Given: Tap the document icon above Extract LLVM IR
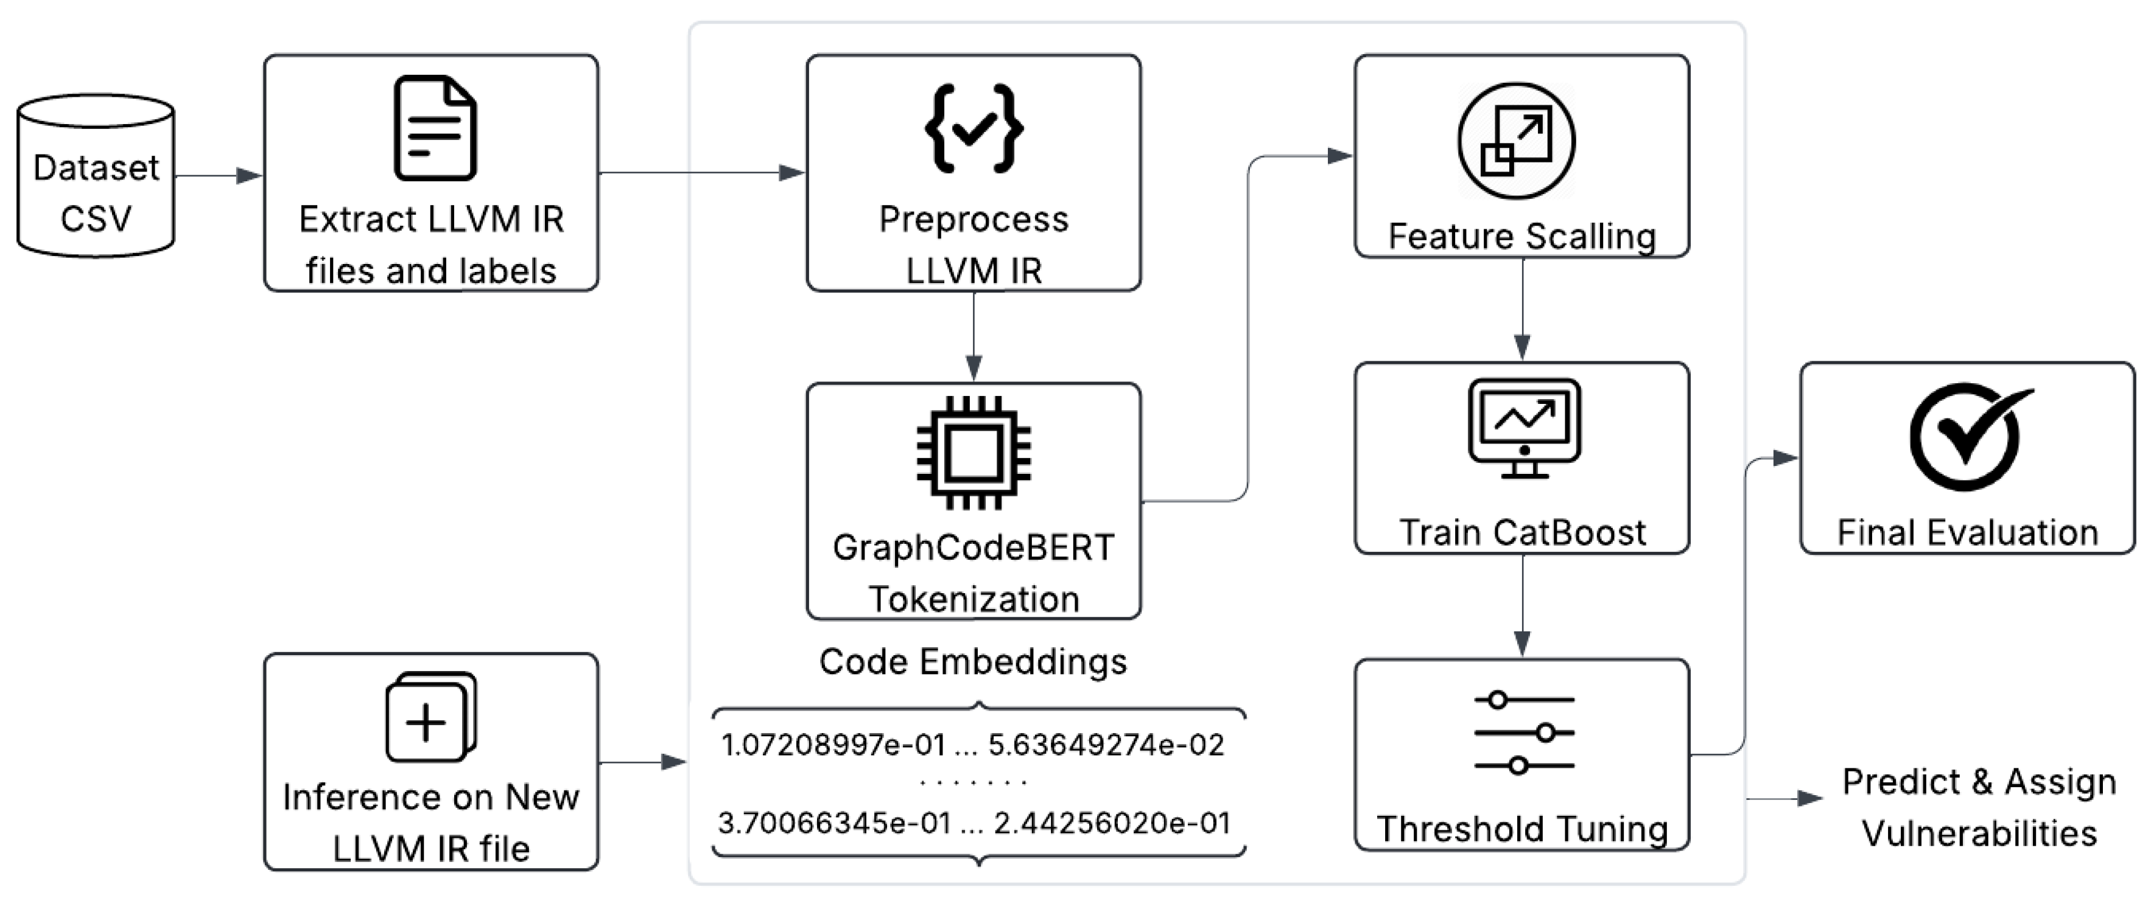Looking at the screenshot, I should pos(434,128).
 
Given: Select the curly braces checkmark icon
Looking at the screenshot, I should pos(974,128).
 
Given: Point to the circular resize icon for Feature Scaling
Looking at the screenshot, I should pos(1517,141).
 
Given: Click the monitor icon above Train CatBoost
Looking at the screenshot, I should pos(1524,426).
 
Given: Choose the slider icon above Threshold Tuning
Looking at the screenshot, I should pos(1524,732).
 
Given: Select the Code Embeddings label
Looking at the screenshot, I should pos(973,661).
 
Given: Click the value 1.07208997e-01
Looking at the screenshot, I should pos(833,745).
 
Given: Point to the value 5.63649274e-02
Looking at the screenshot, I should pos(1106,745).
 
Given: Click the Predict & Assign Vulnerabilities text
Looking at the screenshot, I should pos(1979,807).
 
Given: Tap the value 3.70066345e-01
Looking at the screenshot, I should pos(835,823).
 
